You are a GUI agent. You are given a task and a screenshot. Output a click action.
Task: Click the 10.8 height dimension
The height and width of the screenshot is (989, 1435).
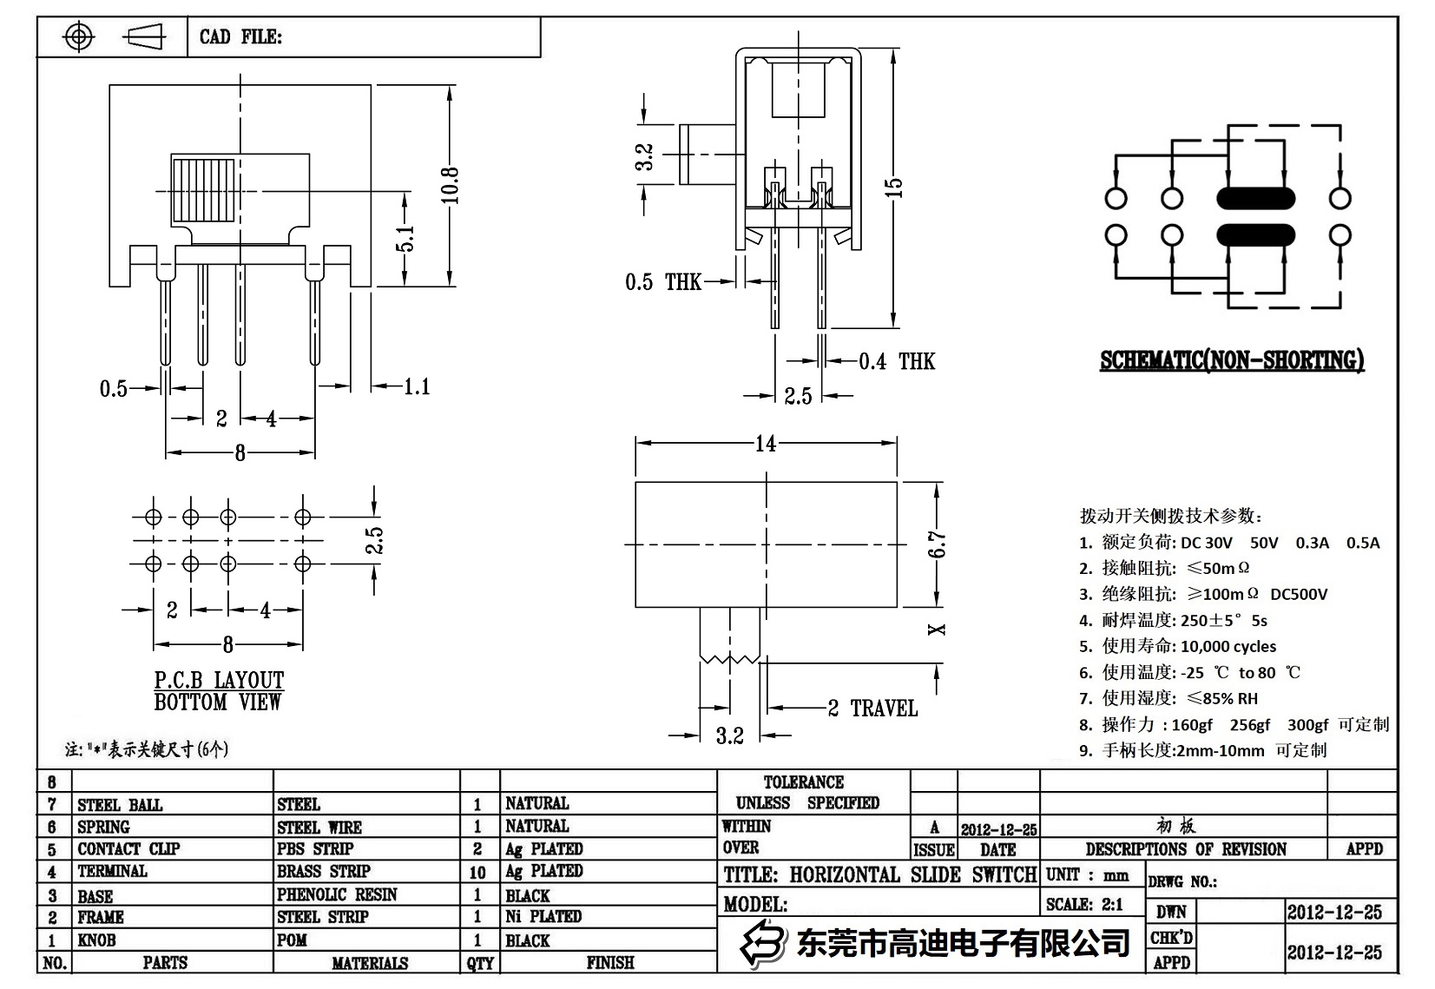(450, 185)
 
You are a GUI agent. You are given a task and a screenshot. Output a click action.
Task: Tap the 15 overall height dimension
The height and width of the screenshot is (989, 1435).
(894, 187)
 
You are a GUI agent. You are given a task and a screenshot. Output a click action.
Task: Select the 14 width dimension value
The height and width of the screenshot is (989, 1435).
(765, 444)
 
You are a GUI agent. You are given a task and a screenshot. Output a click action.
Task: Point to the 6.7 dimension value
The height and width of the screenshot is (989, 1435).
(937, 544)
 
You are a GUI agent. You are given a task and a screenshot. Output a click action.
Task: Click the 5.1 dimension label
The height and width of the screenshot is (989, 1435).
(405, 238)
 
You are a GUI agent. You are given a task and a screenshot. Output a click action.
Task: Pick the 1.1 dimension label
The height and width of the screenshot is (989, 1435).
(417, 386)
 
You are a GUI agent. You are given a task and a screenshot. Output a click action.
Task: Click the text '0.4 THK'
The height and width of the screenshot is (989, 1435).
(897, 361)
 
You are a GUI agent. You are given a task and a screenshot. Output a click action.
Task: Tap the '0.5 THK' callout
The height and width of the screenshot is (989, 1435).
(663, 282)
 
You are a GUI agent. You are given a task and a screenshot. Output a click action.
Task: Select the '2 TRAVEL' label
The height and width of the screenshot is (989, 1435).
(872, 709)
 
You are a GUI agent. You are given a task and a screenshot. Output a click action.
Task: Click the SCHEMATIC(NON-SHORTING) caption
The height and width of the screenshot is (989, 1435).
(1231, 360)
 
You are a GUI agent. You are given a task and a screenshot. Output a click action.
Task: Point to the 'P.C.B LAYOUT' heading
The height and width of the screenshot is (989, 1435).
(219, 680)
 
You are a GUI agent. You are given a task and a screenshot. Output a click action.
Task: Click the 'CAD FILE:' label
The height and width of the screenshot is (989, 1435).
(240, 36)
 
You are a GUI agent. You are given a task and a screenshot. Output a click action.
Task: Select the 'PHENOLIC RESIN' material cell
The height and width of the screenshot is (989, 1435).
(337, 894)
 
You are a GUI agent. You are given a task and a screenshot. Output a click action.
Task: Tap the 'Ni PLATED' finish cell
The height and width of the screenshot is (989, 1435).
(543, 916)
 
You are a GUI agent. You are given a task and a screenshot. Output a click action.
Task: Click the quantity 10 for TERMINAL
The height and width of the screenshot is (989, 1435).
(477, 872)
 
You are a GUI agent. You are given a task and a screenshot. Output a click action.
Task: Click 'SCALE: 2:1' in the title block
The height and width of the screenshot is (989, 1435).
(1084, 904)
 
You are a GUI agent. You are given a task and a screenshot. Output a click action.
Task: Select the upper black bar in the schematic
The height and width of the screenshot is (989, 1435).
(1255, 199)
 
